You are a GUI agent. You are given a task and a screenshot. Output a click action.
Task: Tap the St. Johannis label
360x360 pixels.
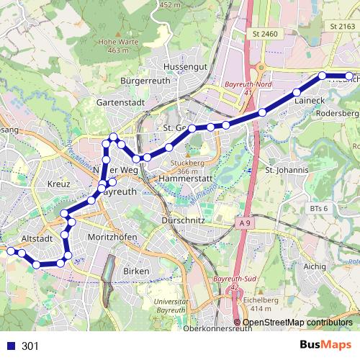pyautogui.click(x=287, y=171)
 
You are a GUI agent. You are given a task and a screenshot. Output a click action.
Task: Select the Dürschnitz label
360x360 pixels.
pyautogui.click(x=185, y=220)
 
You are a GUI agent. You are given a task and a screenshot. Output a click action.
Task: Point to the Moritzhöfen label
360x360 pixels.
pyautogui.click(x=112, y=236)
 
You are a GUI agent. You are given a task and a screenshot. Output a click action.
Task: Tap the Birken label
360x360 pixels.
pyautogui.click(x=136, y=271)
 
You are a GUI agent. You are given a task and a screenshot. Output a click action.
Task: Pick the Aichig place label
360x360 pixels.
pyautogui.click(x=315, y=266)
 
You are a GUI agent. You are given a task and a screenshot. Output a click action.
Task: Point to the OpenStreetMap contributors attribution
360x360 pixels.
pyautogui.click(x=297, y=323)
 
